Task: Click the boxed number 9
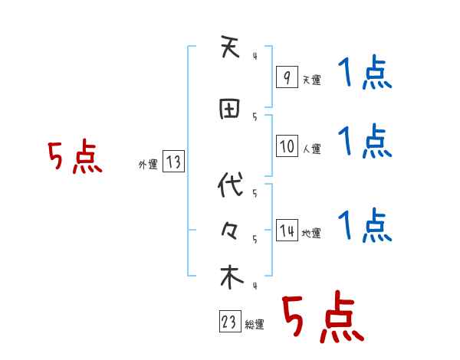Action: click(287, 77)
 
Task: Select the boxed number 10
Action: click(287, 146)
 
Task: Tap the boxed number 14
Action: click(287, 231)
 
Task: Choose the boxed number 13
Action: click(173, 162)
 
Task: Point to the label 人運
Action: click(312, 149)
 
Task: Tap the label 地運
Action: click(312, 233)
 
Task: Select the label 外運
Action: click(147, 163)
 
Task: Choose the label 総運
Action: click(255, 325)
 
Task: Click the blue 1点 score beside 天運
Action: click(364, 74)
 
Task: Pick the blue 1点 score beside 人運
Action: click(364, 142)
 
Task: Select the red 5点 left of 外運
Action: click(74, 158)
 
